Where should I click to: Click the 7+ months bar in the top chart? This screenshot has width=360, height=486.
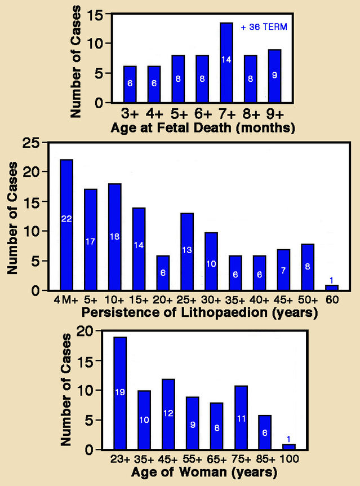click(x=226, y=63)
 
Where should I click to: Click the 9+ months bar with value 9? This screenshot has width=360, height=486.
click(x=274, y=76)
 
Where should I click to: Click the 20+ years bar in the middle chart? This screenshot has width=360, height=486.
click(x=162, y=273)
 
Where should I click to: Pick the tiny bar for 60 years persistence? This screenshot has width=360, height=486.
click(x=331, y=288)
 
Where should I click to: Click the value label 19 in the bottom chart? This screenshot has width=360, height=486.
click(x=119, y=392)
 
